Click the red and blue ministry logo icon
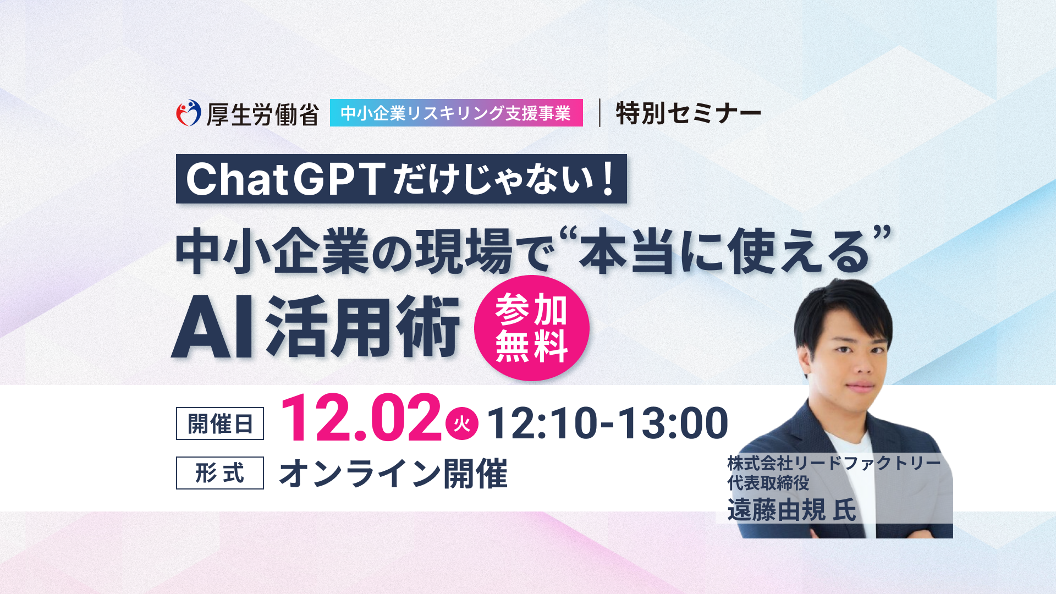pyautogui.click(x=189, y=113)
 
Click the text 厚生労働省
pyautogui.click(x=263, y=114)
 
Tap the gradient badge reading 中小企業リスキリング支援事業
pyautogui.click(x=456, y=113)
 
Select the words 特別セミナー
pyautogui.click(x=689, y=113)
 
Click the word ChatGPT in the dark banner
pyautogui.click(x=286, y=179)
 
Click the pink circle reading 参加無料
pyautogui.click(x=531, y=328)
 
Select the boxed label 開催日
pyautogui.click(x=220, y=424)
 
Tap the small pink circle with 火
pyautogui.click(x=462, y=424)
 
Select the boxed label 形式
pyautogui.click(x=220, y=473)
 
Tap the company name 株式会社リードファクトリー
pyautogui.click(x=834, y=463)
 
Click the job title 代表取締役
pyautogui.click(x=768, y=483)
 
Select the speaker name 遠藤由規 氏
pyautogui.click(x=791, y=510)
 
